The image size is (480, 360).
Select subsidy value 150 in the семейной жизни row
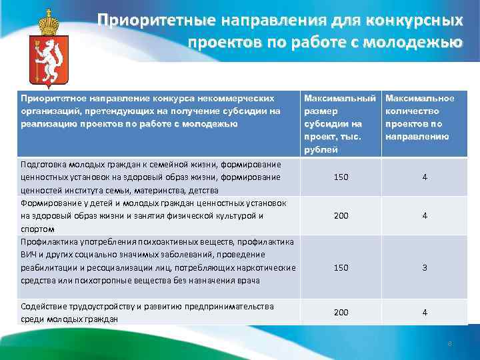(x=341, y=177)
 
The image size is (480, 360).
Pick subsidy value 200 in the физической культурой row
(x=341, y=216)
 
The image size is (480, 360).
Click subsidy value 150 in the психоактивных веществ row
(x=341, y=267)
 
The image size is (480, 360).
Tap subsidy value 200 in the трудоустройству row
(x=341, y=312)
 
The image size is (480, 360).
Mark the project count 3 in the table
(x=424, y=267)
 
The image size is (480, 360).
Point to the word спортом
(x=37, y=228)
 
